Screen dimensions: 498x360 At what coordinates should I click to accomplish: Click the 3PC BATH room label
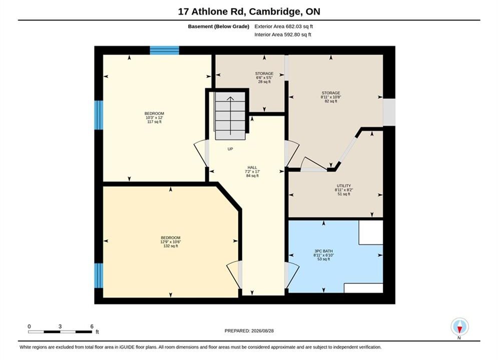pyautogui.click(x=324, y=251)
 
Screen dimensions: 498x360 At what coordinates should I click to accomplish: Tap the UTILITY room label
pyautogui.click(x=344, y=186)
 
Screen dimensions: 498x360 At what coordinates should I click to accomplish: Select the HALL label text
pyautogui.click(x=252, y=167)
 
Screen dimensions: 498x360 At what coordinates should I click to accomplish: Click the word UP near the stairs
pyautogui.click(x=230, y=149)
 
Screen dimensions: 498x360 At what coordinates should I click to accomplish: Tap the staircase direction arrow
pyautogui.click(x=230, y=115)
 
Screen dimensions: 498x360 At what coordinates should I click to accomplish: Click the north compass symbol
pyautogui.click(x=459, y=326)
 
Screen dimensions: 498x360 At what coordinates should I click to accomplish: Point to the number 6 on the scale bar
pyautogui.click(x=92, y=326)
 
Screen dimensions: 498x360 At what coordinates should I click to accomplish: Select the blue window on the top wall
pyautogui.click(x=165, y=50)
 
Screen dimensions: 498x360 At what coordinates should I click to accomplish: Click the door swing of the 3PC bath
pyautogui.click(x=292, y=275)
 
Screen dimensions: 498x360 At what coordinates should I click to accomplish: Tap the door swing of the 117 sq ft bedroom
pyautogui.click(x=201, y=153)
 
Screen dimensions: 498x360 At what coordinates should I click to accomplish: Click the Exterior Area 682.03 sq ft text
pyautogui.click(x=284, y=26)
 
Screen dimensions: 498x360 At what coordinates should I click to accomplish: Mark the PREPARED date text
pyautogui.click(x=249, y=331)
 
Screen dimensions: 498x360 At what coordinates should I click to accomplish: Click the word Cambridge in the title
pyautogui.click(x=275, y=11)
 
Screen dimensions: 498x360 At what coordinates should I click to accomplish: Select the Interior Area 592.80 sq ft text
pyautogui.click(x=283, y=34)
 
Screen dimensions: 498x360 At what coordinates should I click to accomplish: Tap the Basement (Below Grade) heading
pyautogui.click(x=219, y=26)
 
